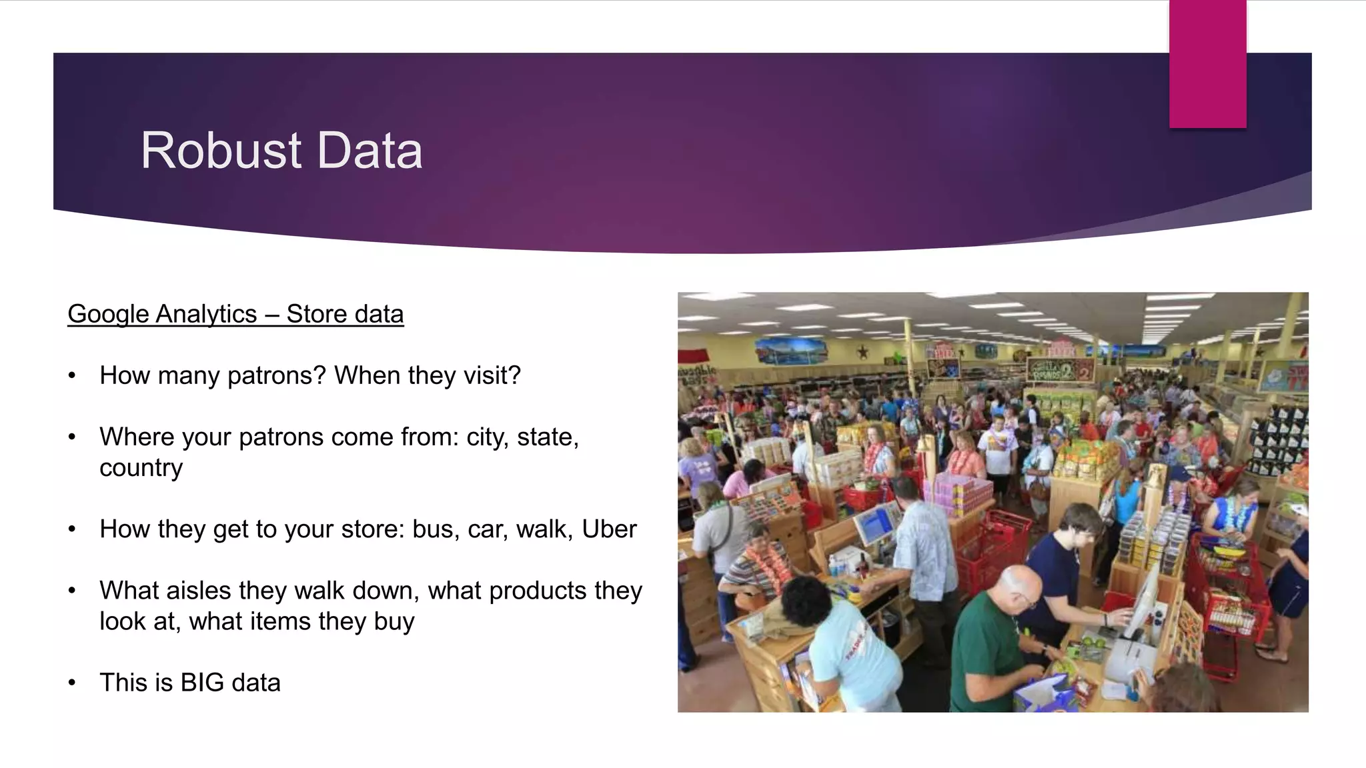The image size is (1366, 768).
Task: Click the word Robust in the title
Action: [x=221, y=151]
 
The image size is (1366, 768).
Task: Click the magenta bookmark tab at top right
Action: [x=1207, y=64]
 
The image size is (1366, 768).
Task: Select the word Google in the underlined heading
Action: [x=108, y=314]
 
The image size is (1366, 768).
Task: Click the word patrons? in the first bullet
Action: [x=276, y=376]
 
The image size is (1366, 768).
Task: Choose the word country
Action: [x=141, y=468]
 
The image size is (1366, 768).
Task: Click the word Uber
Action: [x=609, y=529]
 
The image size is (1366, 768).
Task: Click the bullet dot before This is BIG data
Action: [x=72, y=683]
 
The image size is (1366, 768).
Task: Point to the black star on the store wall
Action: [x=862, y=351]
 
